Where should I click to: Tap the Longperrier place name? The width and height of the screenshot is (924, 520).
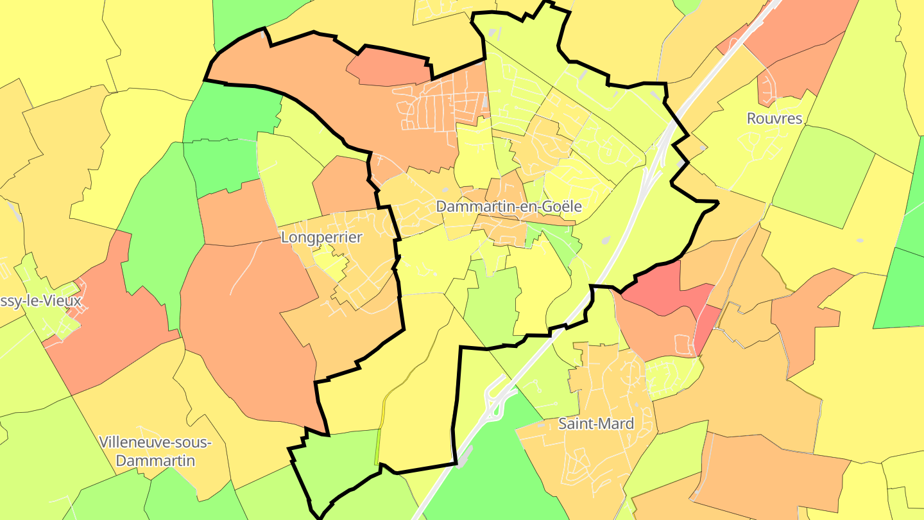pos(321,238)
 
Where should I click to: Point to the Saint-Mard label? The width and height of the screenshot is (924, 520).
pos(596,424)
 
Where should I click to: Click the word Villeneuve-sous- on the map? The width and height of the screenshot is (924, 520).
pos(156,442)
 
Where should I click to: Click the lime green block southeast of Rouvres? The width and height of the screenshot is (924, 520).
pos(821,177)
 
